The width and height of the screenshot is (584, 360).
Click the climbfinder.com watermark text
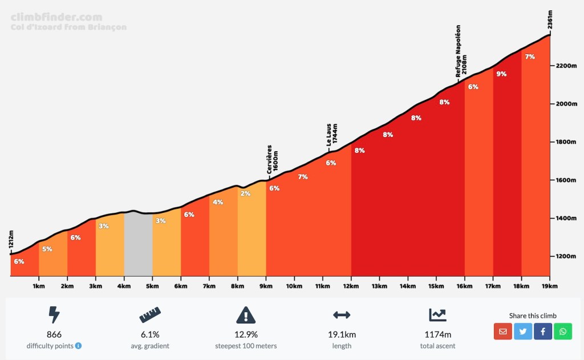coord(56,17)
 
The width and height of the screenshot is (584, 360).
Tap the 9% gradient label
coord(501,74)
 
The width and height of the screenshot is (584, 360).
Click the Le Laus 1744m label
coord(332,135)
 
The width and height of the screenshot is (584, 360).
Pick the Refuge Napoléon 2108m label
coord(461,51)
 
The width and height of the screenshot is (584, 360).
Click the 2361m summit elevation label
coord(550,19)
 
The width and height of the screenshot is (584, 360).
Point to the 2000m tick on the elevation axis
coord(566,104)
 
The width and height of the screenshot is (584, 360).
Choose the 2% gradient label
coord(245,193)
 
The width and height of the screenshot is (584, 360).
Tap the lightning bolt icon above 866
coord(54,314)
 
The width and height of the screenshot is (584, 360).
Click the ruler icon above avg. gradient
coord(150,314)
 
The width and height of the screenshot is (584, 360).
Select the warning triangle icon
coord(246,314)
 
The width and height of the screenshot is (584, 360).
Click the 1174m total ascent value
coord(437,335)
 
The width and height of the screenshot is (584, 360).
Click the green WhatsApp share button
coord(562,331)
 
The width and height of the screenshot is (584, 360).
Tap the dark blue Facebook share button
coord(542,331)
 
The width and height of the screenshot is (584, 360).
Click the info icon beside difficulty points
coord(78,346)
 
